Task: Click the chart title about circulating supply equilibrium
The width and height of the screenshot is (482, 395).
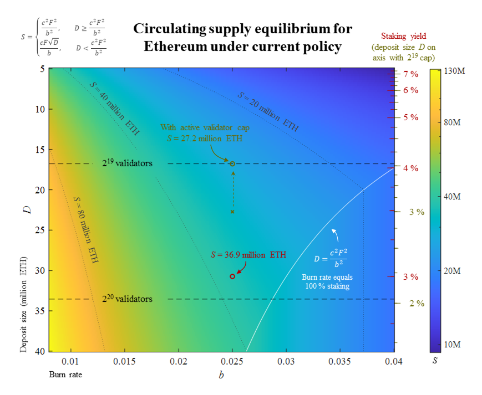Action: coord(242,37)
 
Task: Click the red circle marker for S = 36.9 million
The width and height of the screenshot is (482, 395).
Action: coord(232,276)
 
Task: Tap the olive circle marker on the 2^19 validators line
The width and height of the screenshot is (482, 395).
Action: coord(232,163)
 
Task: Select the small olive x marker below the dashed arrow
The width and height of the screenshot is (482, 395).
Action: coord(232,212)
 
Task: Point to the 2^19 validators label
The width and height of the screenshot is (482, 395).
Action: coord(127,163)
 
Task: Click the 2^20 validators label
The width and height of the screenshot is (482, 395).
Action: coord(127,299)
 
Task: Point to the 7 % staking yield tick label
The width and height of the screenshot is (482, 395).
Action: coord(410,74)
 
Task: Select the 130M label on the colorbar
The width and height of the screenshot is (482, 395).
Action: coord(453,72)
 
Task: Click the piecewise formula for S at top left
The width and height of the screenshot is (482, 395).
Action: coord(62,37)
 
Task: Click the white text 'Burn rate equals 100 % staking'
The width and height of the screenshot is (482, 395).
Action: coord(327,281)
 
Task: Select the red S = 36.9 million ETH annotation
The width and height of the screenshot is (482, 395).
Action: coord(248,255)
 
